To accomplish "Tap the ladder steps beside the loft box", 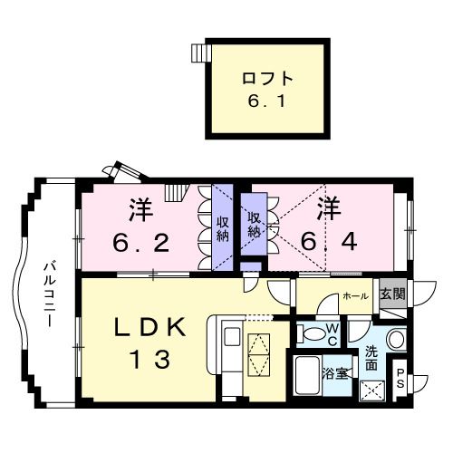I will pyautogui.click(x=198, y=53).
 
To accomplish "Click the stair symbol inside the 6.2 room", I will pyautogui.click(x=174, y=192).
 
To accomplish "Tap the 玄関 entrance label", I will pyautogui.click(x=392, y=294).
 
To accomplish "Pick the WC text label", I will pyautogui.click(x=333, y=333).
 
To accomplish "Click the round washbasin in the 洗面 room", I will pyautogui.click(x=396, y=340).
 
